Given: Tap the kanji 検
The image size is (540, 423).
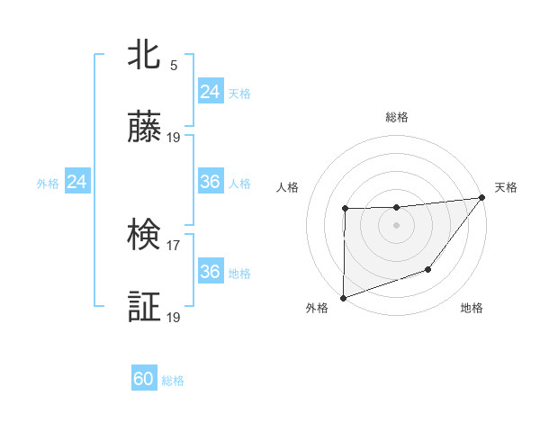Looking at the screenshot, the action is tap(145, 235).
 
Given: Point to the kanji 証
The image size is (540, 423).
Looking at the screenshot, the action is tap(145, 307).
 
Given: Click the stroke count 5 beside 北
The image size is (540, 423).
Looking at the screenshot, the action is tap(174, 65).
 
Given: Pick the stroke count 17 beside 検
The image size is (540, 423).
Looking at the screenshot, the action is tap(174, 244).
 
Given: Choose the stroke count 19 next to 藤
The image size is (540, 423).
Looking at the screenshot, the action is tap(174, 138).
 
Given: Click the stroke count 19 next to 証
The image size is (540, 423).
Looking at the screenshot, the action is tap(174, 317).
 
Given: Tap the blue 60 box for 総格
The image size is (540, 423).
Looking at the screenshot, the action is tap(144, 379).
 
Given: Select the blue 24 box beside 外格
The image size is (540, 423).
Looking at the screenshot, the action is tap(77, 183).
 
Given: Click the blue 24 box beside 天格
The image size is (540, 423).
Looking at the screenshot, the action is tap(210, 92).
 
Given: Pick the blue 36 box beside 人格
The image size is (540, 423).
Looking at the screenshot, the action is tap(210, 183).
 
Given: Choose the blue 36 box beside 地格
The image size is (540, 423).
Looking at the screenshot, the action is tap(210, 272).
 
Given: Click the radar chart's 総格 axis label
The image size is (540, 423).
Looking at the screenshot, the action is tap(397, 117).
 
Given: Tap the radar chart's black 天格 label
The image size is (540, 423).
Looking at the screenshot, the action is tap(506, 187).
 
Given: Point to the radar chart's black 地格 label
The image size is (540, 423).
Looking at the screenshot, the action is tap(472, 309).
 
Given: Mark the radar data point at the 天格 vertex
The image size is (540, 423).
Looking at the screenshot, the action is tap(482, 197).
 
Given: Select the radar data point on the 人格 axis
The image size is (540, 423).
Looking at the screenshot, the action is tap(345, 209).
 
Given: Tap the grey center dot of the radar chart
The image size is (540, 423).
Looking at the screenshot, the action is tap(397, 225).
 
